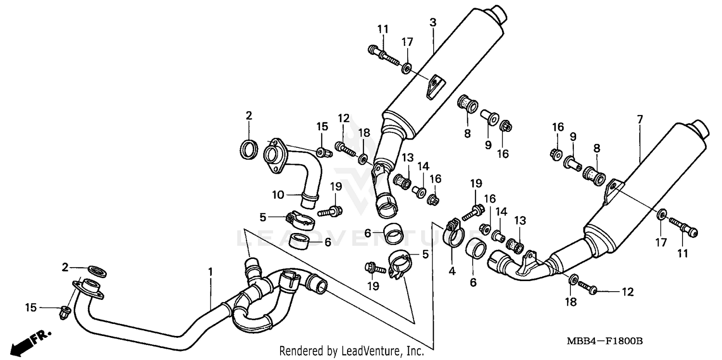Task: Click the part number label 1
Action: [x=210, y=272]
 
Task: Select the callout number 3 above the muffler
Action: [x=433, y=23]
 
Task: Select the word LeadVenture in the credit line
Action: [x=369, y=351]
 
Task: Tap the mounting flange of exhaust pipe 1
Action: [x=87, y=288]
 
